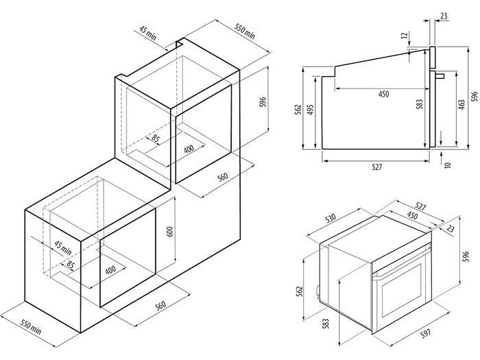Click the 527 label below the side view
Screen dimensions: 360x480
click(x=376, y=167)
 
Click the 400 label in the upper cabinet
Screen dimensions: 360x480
click(x=189, y=147)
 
